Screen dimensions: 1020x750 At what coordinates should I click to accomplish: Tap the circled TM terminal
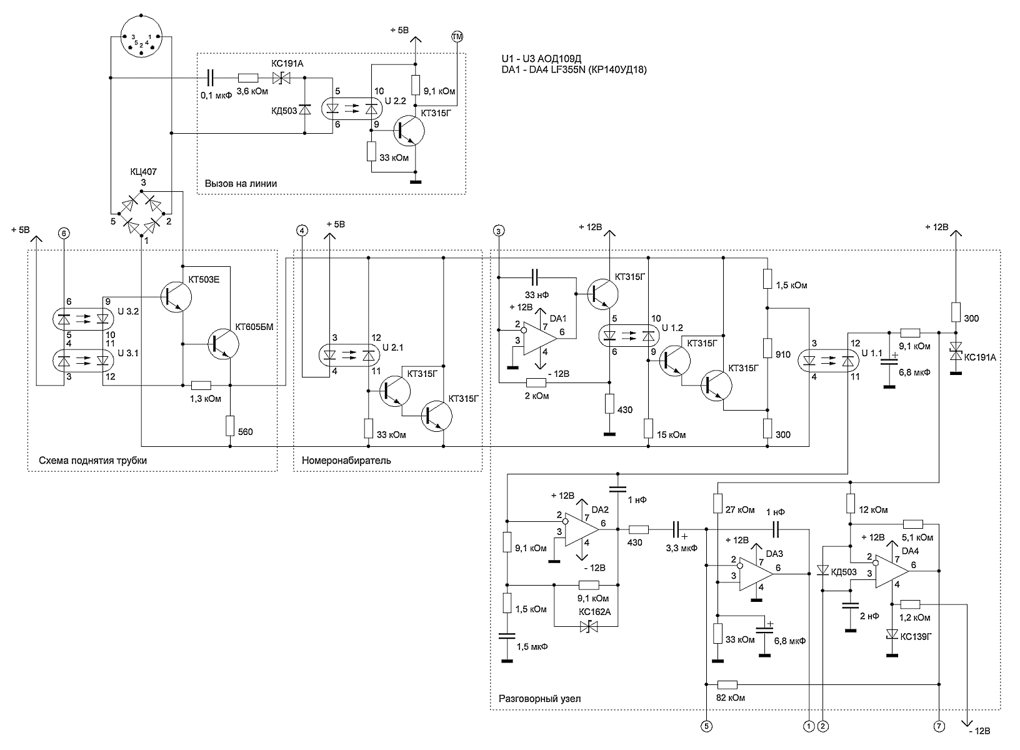457,36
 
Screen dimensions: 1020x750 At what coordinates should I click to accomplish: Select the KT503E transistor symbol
176,297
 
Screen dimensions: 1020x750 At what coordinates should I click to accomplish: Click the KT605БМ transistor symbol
223,344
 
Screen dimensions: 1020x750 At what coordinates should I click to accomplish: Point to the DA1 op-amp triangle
540,338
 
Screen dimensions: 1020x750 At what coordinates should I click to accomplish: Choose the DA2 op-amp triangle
582,529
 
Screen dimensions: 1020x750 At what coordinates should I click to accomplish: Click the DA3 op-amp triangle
756,574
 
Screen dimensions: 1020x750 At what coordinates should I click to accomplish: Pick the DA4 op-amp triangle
891,571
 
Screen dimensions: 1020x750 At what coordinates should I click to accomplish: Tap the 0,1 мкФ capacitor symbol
210,78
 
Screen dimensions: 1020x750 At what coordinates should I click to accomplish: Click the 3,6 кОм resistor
248,78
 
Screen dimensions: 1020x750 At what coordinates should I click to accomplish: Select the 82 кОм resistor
727,684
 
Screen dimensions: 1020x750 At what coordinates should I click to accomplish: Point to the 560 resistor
230,426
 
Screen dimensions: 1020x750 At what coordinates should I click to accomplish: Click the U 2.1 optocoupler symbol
349,355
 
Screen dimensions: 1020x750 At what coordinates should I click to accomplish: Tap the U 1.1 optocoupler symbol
829,362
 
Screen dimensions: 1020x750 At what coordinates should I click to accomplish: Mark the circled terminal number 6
64,234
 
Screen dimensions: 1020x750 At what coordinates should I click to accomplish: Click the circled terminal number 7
939,726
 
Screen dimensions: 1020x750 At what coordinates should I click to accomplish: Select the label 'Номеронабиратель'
346,461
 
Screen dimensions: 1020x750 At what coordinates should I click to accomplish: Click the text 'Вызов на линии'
241,184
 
